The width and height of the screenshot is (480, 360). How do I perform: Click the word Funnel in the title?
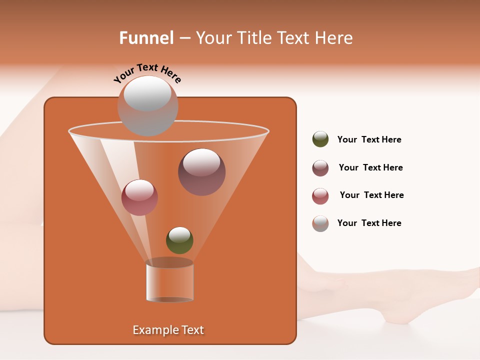[146, 38]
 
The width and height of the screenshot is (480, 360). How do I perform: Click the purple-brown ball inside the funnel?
[201, 172]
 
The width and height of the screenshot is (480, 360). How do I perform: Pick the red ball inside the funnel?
[139, 197]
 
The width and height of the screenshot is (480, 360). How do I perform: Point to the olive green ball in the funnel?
[179, 240]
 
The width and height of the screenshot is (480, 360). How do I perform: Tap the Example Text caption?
[168, 330]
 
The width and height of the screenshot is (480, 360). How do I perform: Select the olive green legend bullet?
[320, 139]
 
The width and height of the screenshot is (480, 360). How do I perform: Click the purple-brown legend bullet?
[320, 168]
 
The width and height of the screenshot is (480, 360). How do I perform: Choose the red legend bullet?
[320, 196]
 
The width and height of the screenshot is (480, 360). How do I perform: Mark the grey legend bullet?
[320, 223]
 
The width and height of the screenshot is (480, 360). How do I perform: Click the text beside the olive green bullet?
[369, 140]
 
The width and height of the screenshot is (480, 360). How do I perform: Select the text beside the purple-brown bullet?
[370, 168]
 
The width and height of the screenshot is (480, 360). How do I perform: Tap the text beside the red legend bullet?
[371, 195]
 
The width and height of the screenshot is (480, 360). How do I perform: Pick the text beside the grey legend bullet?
[369, 223]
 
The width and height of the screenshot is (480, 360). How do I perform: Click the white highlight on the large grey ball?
[147, 93]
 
